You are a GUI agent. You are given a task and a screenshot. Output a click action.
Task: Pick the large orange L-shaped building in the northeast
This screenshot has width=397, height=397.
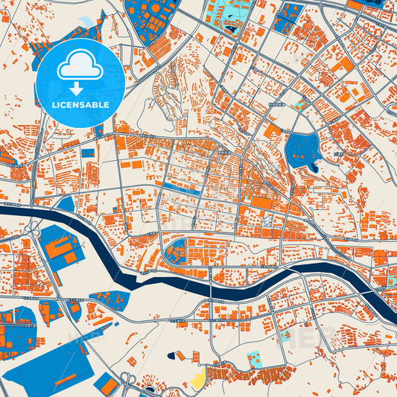343,65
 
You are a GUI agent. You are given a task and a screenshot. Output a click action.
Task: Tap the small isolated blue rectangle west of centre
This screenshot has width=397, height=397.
88,153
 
